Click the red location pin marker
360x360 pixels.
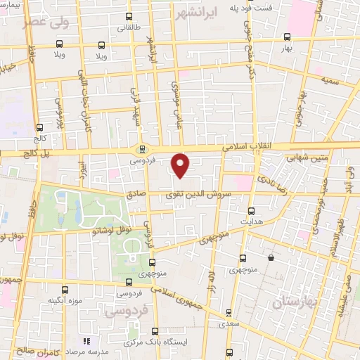181,164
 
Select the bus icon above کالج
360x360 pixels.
39,127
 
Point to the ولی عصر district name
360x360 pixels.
45,22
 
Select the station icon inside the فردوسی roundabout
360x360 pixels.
143,148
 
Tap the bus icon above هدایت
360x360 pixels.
250,210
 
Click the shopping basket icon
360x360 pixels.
270,258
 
